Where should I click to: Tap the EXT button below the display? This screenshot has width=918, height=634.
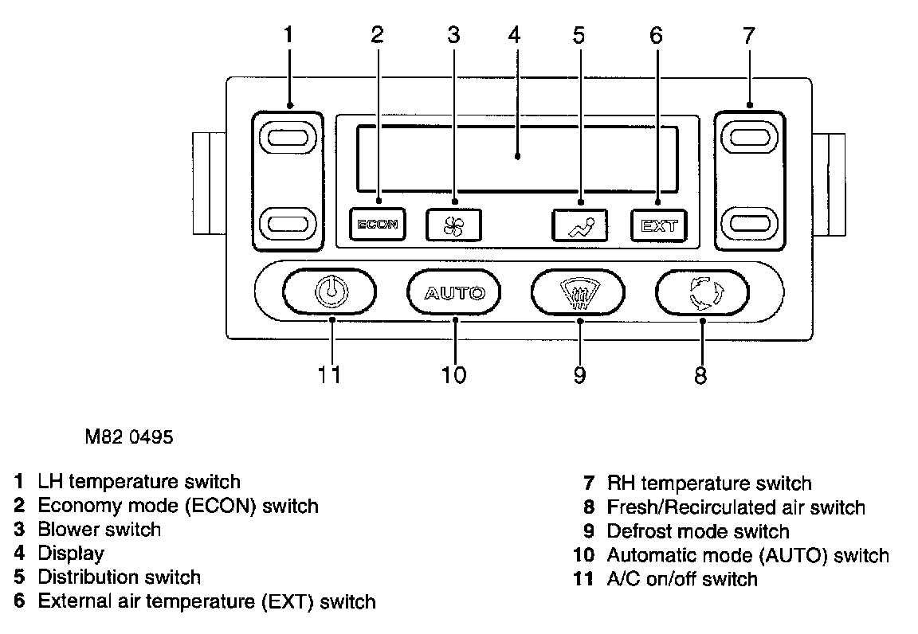(659, 225)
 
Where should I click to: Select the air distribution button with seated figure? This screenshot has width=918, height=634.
(579, 225)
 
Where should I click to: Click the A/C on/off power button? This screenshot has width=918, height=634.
(329, 292)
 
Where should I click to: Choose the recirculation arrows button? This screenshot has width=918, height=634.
(702, 292)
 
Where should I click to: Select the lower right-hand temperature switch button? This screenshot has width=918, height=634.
(750, 222)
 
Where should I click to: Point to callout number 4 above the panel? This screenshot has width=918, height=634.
(514, 35)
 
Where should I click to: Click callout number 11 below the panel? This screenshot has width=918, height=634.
(329, 374)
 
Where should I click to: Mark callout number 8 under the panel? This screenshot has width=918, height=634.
(700, 374)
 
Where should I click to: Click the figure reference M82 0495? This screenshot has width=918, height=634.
(128, 437)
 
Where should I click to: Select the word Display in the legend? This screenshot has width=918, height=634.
(71, 553)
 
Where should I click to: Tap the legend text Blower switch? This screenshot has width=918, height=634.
(99, 529)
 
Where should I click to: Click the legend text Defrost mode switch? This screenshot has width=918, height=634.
(697, 531)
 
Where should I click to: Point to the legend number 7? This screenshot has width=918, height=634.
(589, 483)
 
